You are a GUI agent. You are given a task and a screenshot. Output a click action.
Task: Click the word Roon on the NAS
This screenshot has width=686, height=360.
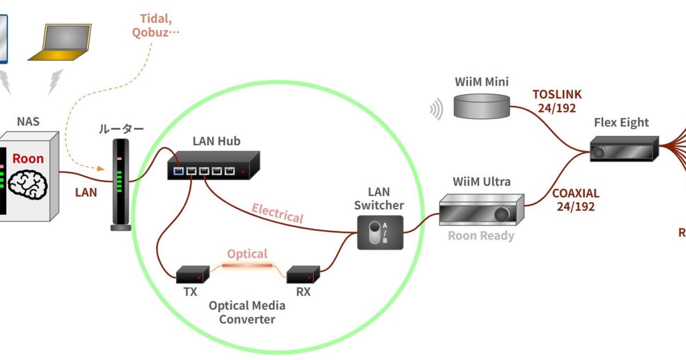click(x=28, y=158)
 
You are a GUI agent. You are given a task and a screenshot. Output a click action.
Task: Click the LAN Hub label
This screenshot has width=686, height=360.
click(x=216, y=141)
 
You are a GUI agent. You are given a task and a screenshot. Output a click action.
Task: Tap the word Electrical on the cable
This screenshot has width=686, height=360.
click(x=277, y=214)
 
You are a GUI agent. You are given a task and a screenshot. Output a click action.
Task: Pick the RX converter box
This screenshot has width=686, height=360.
click(x=302, y=274)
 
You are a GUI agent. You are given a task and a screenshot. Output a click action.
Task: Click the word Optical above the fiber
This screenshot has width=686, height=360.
click(x=247, y=253)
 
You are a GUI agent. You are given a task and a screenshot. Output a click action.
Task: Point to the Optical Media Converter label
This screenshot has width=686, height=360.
click(x=247, y=312)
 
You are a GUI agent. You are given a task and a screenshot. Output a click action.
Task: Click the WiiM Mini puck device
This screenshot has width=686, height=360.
click(x=481, y=106)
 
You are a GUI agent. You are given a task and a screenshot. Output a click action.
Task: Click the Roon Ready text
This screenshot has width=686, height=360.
click(x=481, y=235)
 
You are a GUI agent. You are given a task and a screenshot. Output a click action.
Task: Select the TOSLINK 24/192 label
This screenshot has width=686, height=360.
click(x=557, y=101)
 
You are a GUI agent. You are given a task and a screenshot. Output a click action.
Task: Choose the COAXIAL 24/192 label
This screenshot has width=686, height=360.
click(x=576, y=200)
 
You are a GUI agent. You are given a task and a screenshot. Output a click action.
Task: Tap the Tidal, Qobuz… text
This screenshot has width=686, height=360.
click(x=155, y=25)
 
